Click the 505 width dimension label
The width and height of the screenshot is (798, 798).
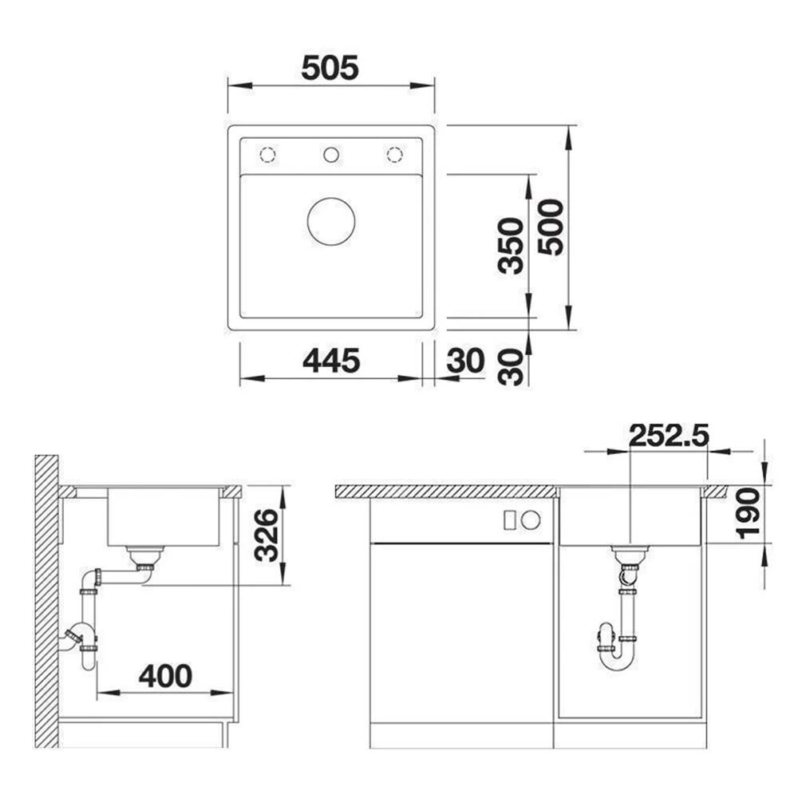coord(330,68)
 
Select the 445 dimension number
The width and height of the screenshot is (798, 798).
coord(331,361)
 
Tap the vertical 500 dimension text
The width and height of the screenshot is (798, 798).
coord(551,227)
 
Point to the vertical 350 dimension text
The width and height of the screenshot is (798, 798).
coord(511,246)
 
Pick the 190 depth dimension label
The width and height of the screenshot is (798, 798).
coord(749,513)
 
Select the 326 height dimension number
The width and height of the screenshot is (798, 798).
coord(267,535)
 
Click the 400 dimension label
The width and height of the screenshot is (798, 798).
coord(166,677)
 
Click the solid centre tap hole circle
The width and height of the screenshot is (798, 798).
coord(331,155)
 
